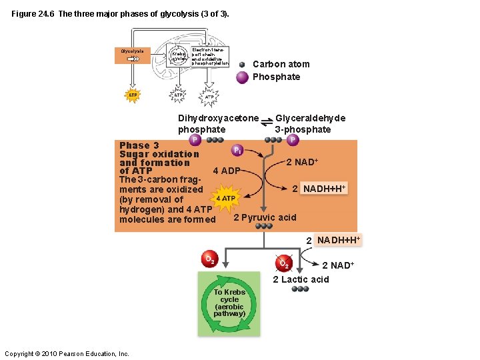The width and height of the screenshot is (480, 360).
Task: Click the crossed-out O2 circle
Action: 283,262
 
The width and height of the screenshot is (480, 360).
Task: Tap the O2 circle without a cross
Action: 209,259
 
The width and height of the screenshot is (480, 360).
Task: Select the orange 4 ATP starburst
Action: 224,198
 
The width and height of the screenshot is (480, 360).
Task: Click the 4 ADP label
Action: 226,171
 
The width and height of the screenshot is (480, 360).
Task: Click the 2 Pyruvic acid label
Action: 265,217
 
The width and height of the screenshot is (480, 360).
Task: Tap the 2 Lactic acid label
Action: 301,279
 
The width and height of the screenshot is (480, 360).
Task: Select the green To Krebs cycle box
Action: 229,303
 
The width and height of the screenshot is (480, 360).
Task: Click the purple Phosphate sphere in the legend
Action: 243,77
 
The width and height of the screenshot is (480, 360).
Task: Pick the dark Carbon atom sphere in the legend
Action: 243,65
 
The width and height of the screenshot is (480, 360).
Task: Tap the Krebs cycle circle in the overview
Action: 179,55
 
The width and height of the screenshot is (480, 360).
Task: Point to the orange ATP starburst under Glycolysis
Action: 133,95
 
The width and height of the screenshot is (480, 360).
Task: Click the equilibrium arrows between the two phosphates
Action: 267,120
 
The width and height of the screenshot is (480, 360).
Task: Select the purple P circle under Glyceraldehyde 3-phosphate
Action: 293,140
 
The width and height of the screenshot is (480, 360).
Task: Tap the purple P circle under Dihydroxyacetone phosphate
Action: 195,140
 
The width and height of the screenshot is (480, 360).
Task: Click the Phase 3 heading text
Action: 139,145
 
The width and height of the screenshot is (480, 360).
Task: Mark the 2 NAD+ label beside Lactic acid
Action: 337,265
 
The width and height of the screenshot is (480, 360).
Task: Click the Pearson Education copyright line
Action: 67,353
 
